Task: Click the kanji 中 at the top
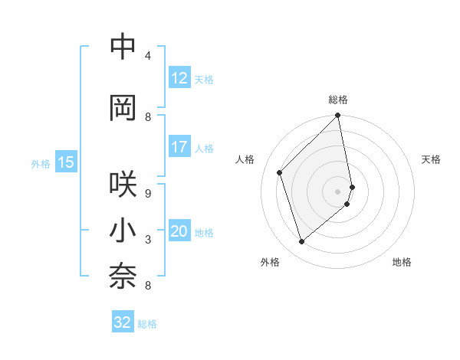[123, 47]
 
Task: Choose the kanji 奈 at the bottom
[123, 278]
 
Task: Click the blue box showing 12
[179, 78]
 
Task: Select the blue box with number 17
[179, 147]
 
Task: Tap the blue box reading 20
[179, 232]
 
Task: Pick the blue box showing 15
[66, 162]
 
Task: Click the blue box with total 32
[123, 323]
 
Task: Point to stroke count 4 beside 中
[148, 55]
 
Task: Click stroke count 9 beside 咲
[148, 194]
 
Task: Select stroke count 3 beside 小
[148, 241]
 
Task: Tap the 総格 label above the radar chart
[338, 100]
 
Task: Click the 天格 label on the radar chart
[431, 159]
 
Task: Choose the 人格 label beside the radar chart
[245, 159]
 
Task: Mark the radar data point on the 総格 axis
[338, 116]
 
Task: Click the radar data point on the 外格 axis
[301, 242]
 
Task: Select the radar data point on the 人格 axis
[280, 172]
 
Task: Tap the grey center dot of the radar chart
[338, 191]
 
